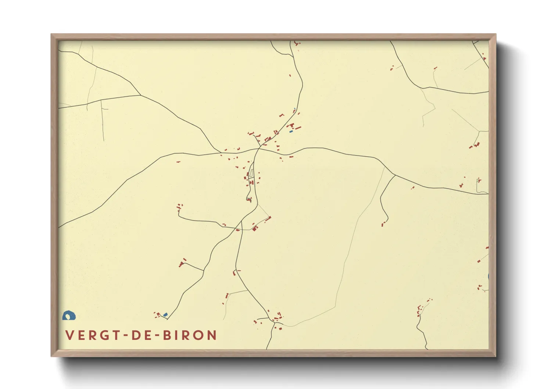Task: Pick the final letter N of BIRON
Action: pos(212,335)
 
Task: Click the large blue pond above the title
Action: pos(69,315)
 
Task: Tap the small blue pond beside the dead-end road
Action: pos(165,314)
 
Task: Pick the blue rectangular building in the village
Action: pos(291,131)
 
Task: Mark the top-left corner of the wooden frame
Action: pos(51,35)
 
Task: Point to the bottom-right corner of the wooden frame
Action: pos(495,356)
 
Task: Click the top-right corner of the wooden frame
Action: pos(495,35)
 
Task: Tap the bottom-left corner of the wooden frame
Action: pos(51,356)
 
